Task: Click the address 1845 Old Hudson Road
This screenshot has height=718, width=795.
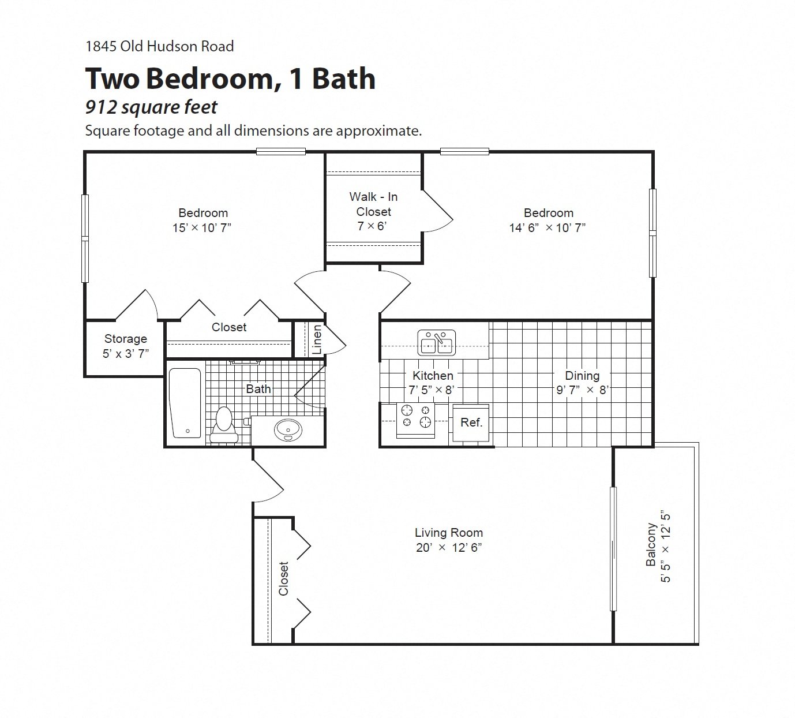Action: pos(159,46)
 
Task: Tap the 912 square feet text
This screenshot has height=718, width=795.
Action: pos(151,107)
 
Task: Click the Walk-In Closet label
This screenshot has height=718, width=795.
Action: pos(373,204)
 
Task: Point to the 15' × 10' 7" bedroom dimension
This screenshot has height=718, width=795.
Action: pos(202,227)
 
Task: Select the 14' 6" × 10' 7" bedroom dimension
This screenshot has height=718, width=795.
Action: pos(547,227)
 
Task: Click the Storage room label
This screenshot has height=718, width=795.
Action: pos(125,339)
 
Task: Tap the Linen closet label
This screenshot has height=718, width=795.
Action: pos(317,339)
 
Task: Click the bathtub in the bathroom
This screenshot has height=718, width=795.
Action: pos(185,403)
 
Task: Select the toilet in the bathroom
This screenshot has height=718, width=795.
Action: pos(223,424)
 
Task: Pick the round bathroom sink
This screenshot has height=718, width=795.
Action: pos(287,429)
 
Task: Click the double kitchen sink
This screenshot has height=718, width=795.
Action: pos(437,343)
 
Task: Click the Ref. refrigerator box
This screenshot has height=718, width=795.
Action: pos(471,422)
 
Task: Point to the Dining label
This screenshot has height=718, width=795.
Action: pos(582,376)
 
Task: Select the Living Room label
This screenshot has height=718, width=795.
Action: pos(448,533)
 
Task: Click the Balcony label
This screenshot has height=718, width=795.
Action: pos(651,545)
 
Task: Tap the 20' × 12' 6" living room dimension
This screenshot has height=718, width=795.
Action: pos(448,548)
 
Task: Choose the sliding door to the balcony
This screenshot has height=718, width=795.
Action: pos(613,548)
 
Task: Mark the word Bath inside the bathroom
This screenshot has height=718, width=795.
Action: pos(258,388)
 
